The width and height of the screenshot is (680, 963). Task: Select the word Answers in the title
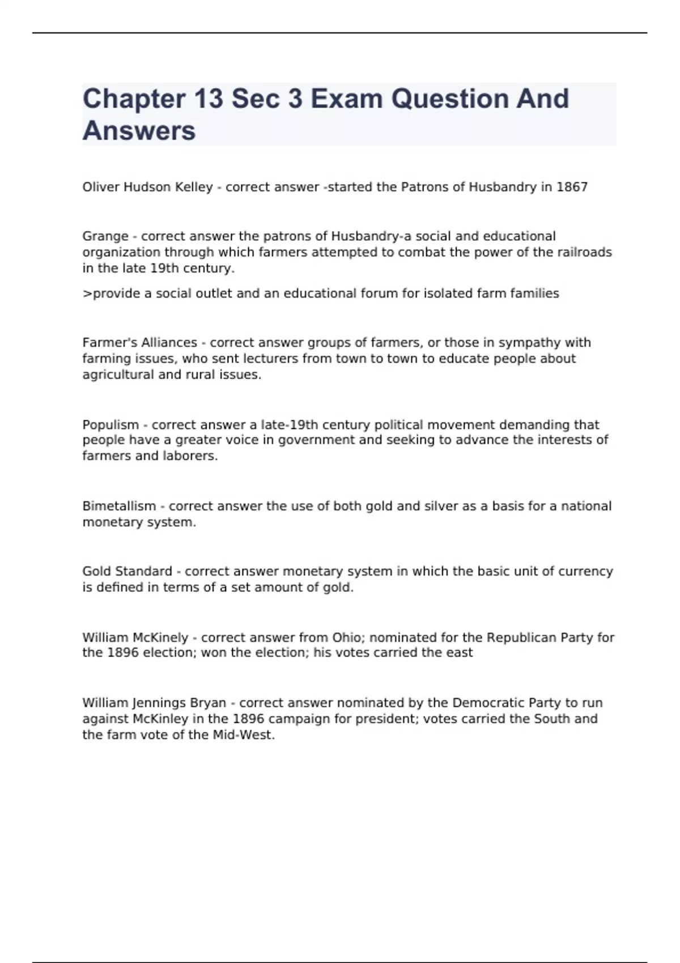[x=139, y=131]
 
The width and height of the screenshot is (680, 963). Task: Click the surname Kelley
[x=194, y=187]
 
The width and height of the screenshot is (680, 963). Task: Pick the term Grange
[x=105, y=236]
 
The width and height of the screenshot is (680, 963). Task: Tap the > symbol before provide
[x=87, y=293]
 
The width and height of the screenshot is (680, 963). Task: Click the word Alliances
[x=169, y=343]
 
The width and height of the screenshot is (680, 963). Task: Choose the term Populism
[x=110, y=425]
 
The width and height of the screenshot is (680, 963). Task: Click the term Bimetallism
[x=119, y=506]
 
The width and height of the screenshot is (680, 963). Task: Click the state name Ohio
[x=346, y=637]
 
